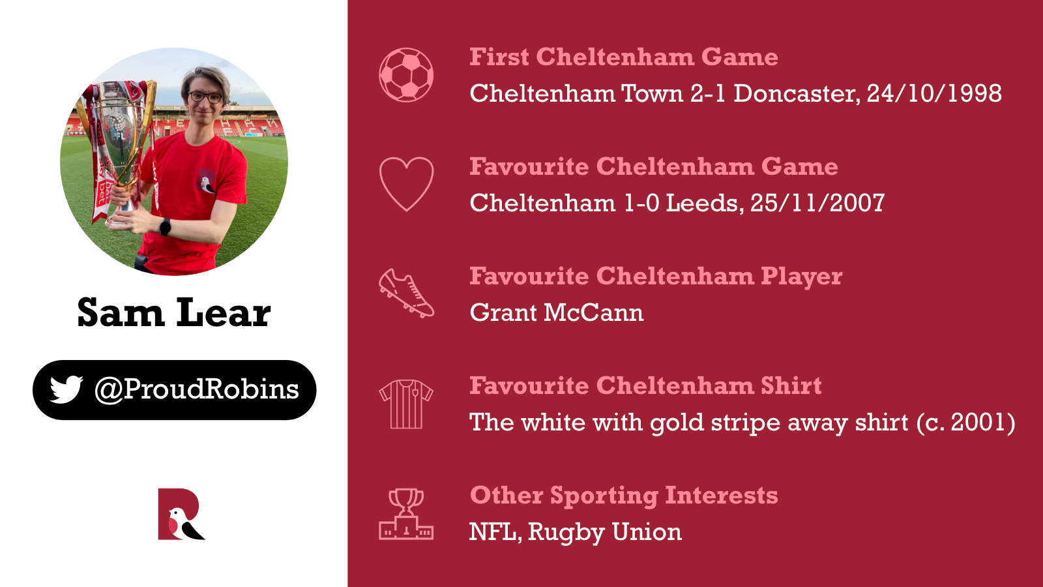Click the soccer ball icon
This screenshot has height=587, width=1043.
pos(406,75)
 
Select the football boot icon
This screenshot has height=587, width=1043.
pos(406,293)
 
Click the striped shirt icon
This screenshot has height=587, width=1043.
pos(406,404)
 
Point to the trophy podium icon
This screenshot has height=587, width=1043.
pos(406,514)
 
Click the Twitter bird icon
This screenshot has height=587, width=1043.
pos(66,389)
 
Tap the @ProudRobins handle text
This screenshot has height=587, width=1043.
pos(196,389)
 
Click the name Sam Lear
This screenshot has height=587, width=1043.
pos(173,312)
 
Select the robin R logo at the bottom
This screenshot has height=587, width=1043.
pos(181,514)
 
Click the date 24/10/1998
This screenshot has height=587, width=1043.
pos(934,93)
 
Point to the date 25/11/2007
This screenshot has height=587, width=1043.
pos(817,203)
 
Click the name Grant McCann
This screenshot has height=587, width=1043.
pos(557,312)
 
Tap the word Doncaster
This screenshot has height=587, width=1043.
pos(797,93)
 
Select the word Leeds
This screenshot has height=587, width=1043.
pos(705,203)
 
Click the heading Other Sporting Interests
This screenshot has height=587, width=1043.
pos(624,495)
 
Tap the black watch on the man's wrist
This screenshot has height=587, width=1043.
pos(166,227)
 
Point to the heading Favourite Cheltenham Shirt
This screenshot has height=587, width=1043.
pos(645,385)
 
